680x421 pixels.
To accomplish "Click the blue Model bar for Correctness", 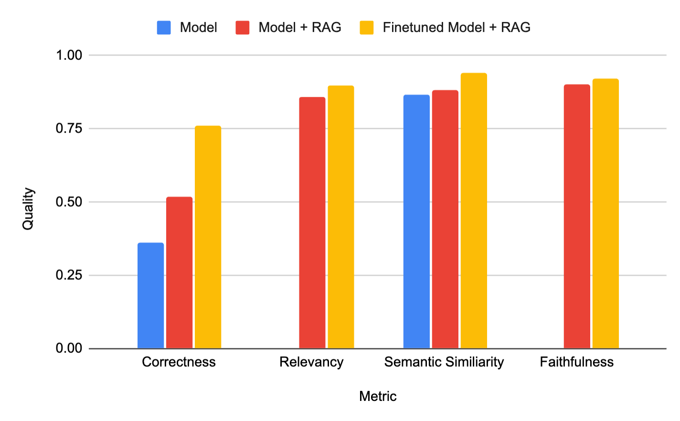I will (150, 295).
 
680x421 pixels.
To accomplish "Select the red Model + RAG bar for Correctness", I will (179, 273).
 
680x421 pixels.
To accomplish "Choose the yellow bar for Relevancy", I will (340, 217).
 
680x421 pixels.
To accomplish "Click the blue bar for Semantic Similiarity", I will (416, 221).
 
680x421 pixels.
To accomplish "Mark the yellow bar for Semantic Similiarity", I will (474, 210).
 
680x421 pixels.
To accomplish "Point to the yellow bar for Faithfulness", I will (606, 213).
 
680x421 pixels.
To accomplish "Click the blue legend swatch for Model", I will (164, 28).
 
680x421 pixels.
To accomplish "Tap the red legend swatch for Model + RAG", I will (243, 28).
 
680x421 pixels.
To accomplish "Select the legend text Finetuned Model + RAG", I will (457, 28).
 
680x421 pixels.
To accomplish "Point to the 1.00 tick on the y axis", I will (69, 55).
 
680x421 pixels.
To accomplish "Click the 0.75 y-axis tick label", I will (69, 128).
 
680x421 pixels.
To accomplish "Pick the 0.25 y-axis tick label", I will (69, 275).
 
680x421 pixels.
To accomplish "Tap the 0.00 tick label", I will (69, 348).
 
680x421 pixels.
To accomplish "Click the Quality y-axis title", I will (28, 209).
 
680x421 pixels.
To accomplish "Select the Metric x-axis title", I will (378, 396).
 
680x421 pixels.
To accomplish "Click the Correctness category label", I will (179, 362).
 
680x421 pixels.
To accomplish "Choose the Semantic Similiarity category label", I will (444, 362).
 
